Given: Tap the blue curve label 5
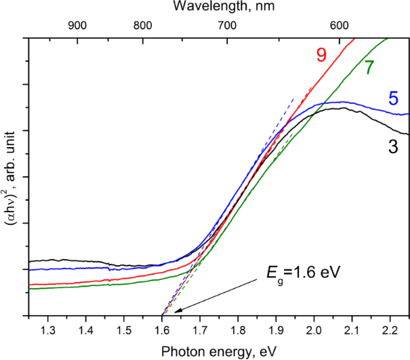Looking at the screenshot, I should click(x=392, y=99).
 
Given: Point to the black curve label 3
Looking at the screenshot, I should click(x=393, y=146).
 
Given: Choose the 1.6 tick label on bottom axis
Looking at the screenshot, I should click(x=162, y=330).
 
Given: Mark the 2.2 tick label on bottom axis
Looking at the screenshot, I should click(x=390, y=330).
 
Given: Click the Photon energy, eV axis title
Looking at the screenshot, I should click(x=219, y=350).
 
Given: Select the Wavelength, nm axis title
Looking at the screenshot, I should click(x=220, y=8).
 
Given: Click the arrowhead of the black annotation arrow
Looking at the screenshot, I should click(x=176, y=312).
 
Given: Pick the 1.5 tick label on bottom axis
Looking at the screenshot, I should click(x=124, y=330).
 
